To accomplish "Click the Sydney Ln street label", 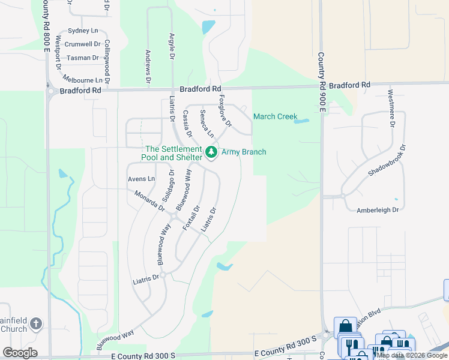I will coord(83,30).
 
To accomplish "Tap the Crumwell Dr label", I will coord(82,44).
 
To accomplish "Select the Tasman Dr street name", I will coord(83,58).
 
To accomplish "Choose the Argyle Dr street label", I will coord(172,44).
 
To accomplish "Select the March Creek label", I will coord(275,116).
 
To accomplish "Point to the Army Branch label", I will coord(244,152).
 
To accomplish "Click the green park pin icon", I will coord(211,152).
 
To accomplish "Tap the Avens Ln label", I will coord(141,179).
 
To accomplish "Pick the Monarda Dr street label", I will coord(149,200).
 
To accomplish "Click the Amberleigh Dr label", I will coord(378,210).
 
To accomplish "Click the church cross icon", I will coord(35,324).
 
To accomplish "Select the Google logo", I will coord(20,353).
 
